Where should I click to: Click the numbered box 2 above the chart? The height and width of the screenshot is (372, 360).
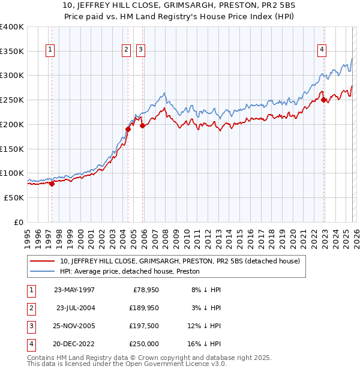tap(127, 50)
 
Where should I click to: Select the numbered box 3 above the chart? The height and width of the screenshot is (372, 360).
tap(140, 50)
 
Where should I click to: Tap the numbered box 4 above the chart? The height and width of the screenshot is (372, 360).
tap(322, 50)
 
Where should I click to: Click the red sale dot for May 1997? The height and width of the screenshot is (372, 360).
tap(52, 184)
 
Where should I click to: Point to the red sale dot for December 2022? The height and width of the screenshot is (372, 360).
tap(323, 100)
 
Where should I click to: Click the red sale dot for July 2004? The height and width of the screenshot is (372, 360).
tap(128, 129)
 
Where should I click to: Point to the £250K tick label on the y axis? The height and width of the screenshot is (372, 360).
tap(12, 100)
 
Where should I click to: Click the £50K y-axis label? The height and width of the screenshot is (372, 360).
tap(14, 197)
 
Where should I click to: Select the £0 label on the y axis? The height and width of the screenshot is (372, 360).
tap(19, 222)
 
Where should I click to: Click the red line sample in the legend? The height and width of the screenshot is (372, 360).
tap(43, 261)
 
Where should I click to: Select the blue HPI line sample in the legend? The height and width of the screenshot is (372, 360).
tap(43, 271)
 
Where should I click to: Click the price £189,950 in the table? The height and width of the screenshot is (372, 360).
tap(142, 308)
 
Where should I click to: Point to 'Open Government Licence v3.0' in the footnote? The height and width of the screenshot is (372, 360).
tap(175, 364)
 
